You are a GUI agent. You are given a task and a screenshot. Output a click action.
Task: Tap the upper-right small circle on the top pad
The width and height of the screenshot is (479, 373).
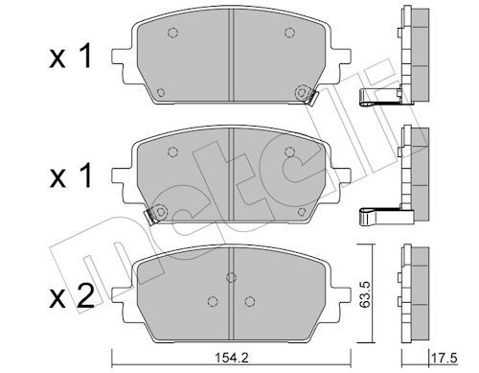tap(290, 34)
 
